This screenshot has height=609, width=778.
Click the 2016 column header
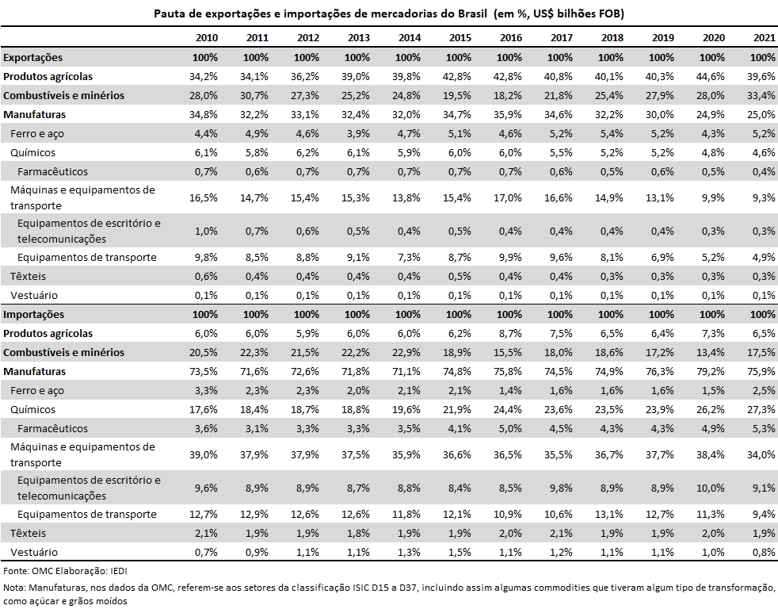510,38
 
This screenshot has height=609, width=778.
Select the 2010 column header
207,38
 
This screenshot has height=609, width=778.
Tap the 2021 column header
764,38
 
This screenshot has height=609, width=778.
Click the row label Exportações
32,58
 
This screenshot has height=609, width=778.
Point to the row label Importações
34,315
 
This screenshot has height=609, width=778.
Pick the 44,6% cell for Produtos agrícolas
711,76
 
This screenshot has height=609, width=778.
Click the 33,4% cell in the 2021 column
761,95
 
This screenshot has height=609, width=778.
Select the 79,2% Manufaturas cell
711,372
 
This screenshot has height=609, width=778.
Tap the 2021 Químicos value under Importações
761,409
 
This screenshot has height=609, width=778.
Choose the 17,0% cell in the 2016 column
508,197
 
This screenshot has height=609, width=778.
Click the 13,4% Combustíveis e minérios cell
711,353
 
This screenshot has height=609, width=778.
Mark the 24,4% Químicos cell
508,409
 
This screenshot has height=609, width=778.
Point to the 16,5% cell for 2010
204,197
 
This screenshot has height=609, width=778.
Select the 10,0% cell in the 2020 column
711,488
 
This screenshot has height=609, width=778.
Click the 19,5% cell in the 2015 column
457,95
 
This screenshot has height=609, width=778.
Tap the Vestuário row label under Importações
34,553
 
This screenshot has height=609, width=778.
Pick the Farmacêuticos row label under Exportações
52,172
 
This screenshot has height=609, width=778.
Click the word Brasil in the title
472,13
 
